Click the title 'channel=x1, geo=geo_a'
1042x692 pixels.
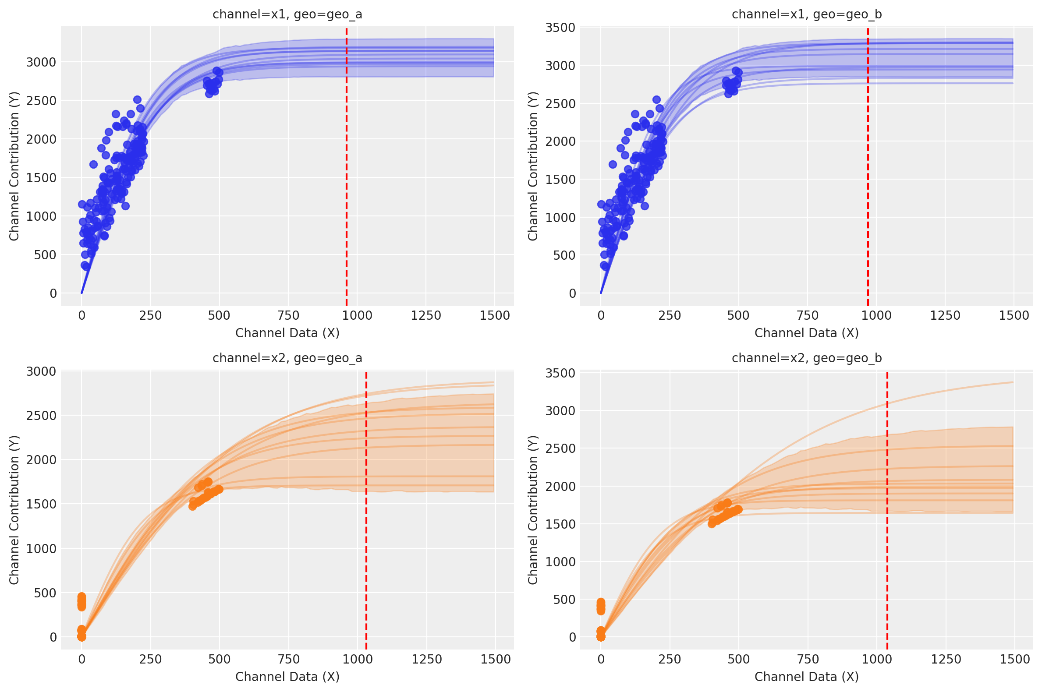pyautogui.click(x=287, y=14)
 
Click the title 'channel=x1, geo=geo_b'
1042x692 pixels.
pyautogui.click(x=807, y=14)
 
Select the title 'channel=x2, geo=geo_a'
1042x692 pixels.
pyautogui.click(x=287, y=358)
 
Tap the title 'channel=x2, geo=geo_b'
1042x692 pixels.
pyautogui.click(x=807, y=358)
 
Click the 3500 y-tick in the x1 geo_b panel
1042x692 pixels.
pyautogui.click(x=560, y=28)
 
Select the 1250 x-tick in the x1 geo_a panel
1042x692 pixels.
pyautogui.click(x=426, y=315)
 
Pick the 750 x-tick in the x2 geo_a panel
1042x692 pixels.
pyautogui.click(x=289, y=659)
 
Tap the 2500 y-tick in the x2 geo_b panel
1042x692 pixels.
pyautogui.click(x=560, y=448)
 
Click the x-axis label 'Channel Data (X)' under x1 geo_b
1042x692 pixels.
pyautogui.click(x=807, y=333)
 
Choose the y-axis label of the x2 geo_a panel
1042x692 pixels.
pyautogui.click(x=14, y=510)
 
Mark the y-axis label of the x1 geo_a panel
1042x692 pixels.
pyautogui.click(x=14, y=166)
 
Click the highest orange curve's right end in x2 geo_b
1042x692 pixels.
pyautogui.click(x=1012, y=382)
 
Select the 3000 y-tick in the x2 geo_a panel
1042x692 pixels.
pyautogui.click(x=41, y=371)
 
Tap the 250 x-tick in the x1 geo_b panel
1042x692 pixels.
pyautogui.click(x=670, y=315)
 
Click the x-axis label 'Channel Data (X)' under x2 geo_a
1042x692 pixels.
pyautogui.click(x=287, y=677)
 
